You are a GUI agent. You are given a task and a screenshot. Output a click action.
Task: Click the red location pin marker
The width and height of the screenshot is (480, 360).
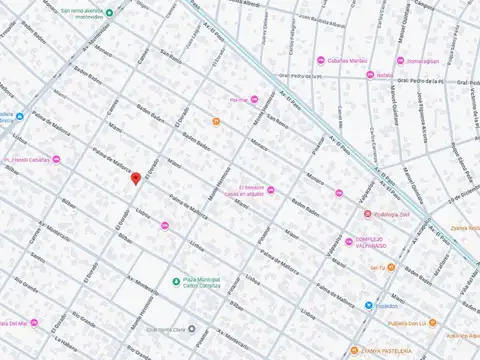click(136, 178)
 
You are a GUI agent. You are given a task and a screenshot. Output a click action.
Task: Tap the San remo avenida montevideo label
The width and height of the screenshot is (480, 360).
click(81, 15)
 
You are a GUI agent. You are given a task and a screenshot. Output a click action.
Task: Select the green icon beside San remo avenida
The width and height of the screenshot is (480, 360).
click(109, 12)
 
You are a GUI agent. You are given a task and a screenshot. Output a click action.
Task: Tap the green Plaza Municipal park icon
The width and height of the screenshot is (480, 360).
click(176, 281)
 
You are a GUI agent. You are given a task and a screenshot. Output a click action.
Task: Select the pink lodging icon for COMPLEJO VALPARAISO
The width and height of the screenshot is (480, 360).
click(350, 240)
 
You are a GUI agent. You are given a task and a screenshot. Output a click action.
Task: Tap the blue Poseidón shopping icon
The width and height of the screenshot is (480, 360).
click(369, 305)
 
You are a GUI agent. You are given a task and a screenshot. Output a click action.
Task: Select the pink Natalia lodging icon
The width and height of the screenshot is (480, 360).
click(369, 75)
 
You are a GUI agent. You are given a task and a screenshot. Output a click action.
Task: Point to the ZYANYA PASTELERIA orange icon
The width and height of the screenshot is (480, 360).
click(354, 351)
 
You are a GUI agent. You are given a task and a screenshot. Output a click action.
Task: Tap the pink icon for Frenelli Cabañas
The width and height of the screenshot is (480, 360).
click(57, 159)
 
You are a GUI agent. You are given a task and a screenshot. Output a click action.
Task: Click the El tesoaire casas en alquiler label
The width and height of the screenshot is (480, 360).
click(241, 192)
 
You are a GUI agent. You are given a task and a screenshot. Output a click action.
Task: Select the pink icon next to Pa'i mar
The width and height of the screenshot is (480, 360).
click(255, 98)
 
